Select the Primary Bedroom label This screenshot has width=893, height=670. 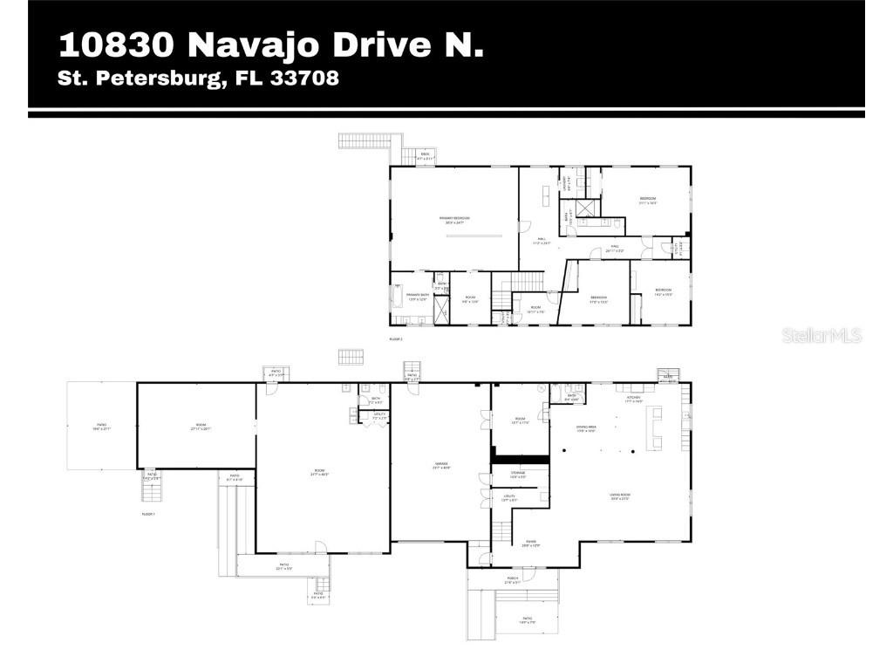pyautogui.click(x=455, y=218)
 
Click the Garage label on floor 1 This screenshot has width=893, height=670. pyautogui.click(x=440, y=468)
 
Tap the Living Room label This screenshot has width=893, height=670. pyautogui.click(x=620, y=496)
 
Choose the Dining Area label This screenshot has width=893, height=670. pyautogui.click(x=585, y=428)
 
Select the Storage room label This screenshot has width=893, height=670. pyautogui.click(x=517, y=474)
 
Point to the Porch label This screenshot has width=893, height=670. pyautogui.click(x=513, y=578)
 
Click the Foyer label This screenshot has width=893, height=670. pyautogui.click(x=531, y=544)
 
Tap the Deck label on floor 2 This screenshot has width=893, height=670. pyautogui.click(x=425, y=155)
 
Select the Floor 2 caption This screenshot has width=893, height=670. pyautogui.click(x=396, y=338)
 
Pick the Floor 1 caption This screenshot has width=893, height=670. pyautogui.click(x=148, y=515)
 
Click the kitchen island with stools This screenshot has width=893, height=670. pyautogui.click(x=652, y=427)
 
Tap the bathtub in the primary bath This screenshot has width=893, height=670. pyautogui.click(x=399, y=297)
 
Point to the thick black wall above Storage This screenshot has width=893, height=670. pyautogui.click(x=520, y=457)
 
